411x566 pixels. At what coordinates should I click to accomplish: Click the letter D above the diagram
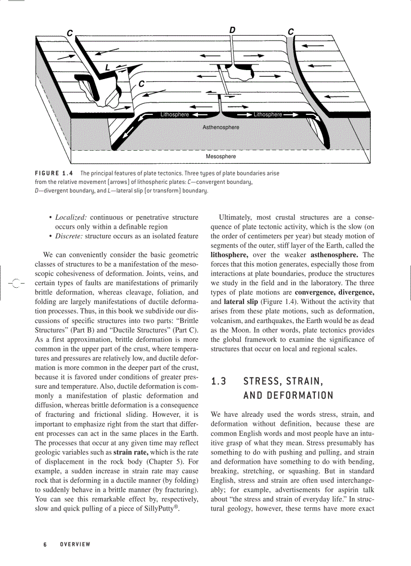pyautogui.click(x=232, y=30)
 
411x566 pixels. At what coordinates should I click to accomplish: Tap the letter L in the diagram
pyautogui.click(x=107, y=68)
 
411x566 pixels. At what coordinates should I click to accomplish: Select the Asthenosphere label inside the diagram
pyautogui.click(x=221, y=128)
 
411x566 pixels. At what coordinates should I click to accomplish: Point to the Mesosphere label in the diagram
pyautogui.click(x=221, y=157)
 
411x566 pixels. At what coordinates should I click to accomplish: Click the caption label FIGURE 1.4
pyautogui.click(x=54, y=173)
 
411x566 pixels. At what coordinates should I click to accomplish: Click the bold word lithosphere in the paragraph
pyautogui.click(x=230, y=255)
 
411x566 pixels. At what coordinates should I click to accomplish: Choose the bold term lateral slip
pyautogui.click(x=240, y=302)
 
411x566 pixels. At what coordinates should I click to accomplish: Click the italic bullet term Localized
pyautogui.click(x=70, y=217)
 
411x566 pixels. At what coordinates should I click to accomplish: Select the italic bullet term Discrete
pyautogui.click(x=69, y=236)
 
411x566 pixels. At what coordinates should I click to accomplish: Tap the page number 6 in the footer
pyautogui.click(x=45, y=544)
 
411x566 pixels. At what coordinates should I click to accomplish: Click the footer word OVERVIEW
pyautogui.click(x=75, y=544)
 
